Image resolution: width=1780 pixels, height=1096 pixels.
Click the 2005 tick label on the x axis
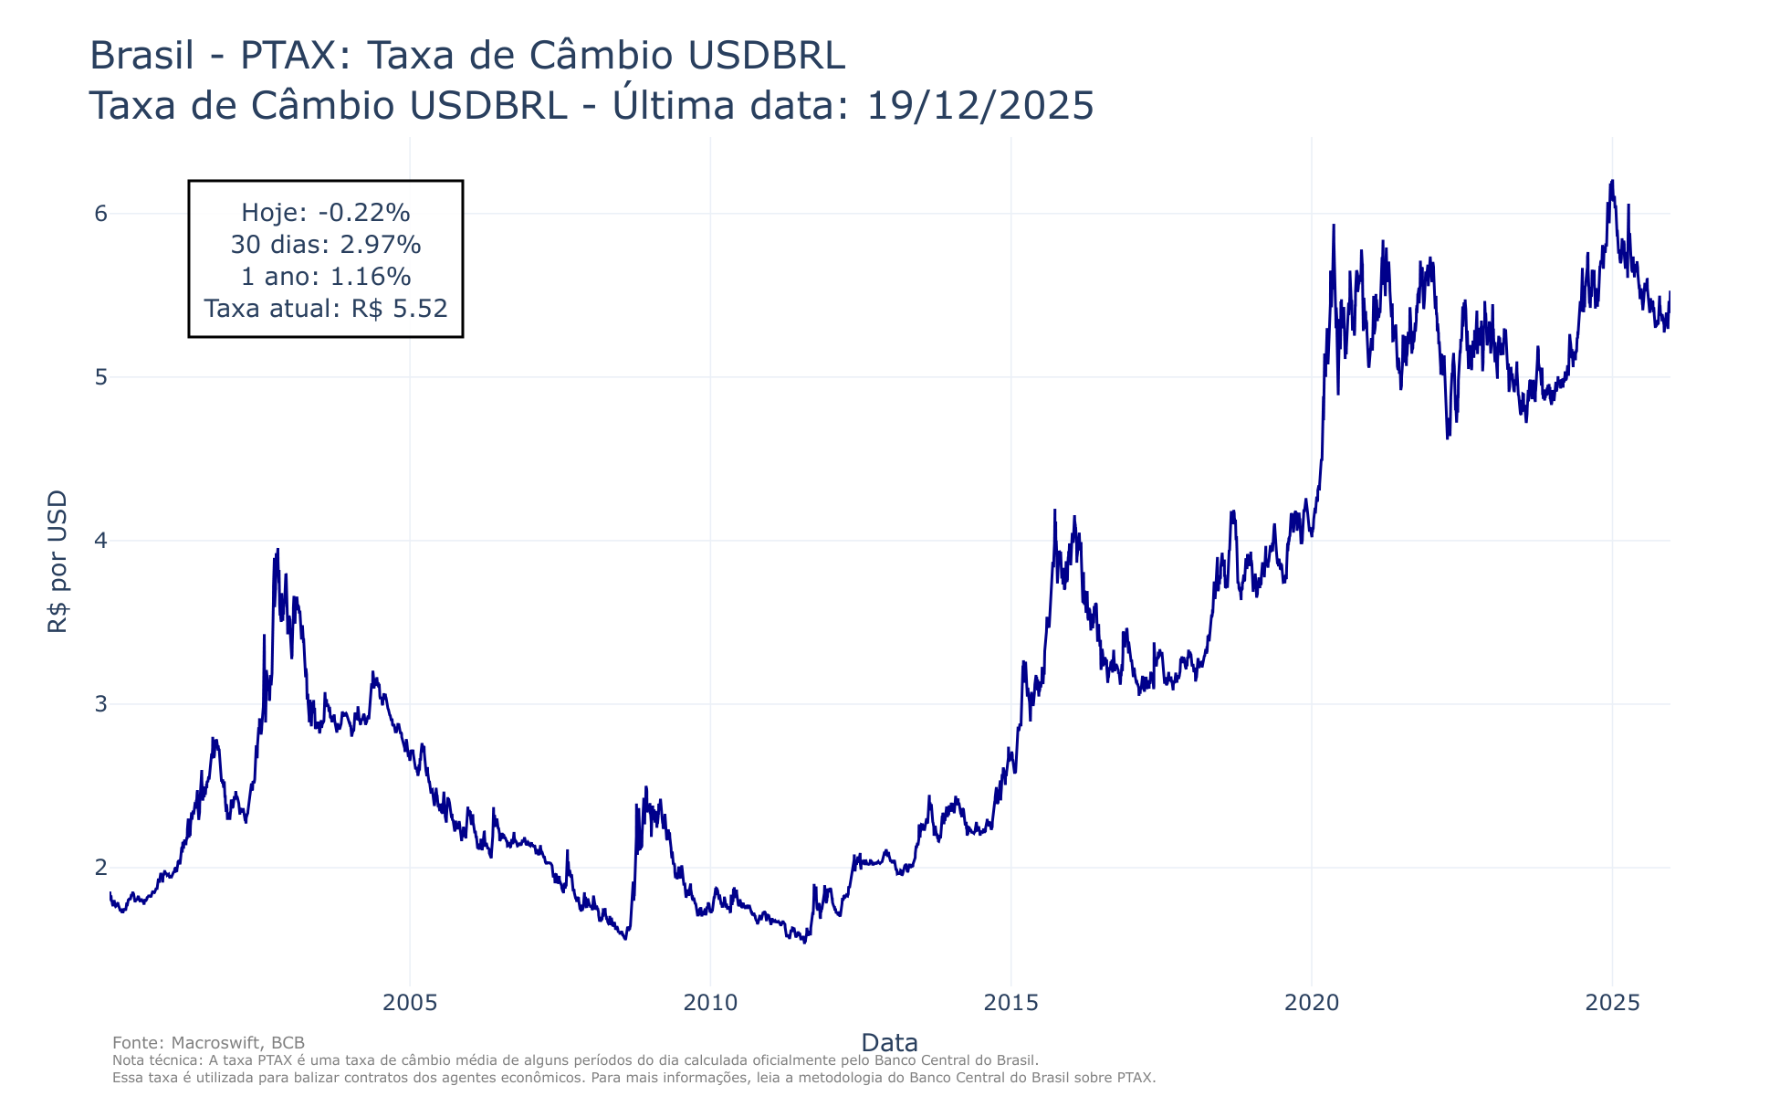[x=410, y=1003]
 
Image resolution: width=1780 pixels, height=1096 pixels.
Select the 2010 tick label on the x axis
[x=710, y=1003]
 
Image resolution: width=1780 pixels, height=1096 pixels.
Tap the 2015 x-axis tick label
[x=1011, y=1003]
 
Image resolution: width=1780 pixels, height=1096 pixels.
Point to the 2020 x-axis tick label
[x=1312, y=1003]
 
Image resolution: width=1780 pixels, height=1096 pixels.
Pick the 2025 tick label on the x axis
[x=1612, y=1003]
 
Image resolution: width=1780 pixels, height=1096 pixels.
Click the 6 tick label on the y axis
[x=100, y=214]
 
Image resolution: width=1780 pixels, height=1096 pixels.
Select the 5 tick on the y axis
[x=100, y=377]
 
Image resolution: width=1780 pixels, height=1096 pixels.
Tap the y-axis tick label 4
[x=100, y=541]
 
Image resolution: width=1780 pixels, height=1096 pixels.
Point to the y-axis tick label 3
[x=100, y=704]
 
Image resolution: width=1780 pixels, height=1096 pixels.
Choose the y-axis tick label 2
[x=100, y=868]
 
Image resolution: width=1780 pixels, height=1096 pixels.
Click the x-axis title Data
[x=889, y=1043]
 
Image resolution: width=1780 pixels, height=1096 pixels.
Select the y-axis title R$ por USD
[x=58, y=562]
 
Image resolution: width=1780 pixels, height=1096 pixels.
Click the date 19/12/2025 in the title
[x=979, y=106]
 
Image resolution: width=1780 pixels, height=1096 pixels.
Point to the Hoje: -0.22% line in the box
[x=326, y=213]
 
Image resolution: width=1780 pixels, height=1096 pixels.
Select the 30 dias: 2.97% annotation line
[x=326, y=245]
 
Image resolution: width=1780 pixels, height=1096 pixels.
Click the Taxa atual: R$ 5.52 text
[x=326, y=309]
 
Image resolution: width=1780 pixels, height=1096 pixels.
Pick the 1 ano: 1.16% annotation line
[x=326, y=277]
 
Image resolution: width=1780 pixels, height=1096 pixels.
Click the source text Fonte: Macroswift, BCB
[x=208, y=1043]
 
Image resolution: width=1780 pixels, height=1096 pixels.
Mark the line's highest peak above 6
[x=1612, y=182]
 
